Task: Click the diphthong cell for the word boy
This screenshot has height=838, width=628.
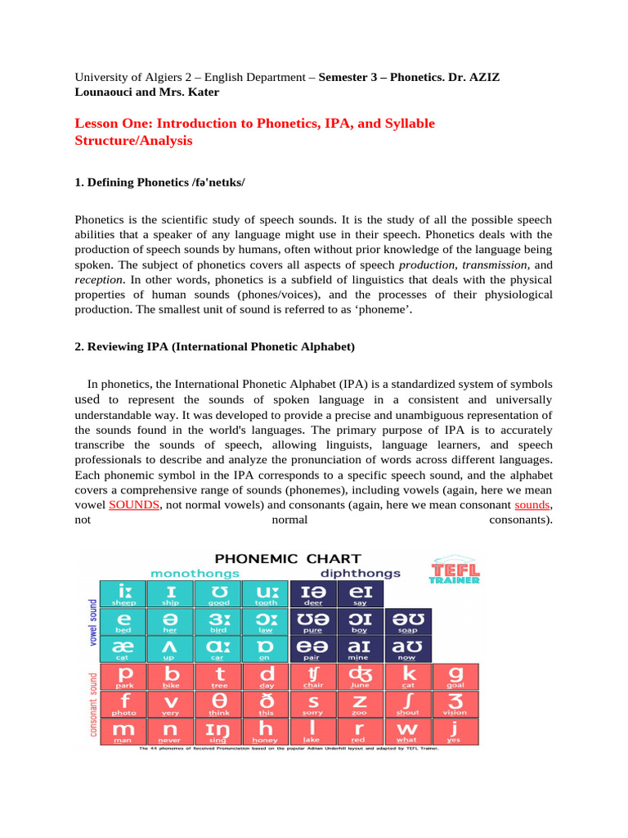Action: (359, 621)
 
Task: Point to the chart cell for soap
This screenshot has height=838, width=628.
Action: (407, 621)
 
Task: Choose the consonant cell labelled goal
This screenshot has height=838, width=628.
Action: (455, 676)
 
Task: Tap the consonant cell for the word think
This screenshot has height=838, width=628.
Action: (218, 704)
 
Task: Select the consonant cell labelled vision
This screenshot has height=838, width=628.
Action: (455, 704)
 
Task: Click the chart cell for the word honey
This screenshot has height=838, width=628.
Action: (267, 731)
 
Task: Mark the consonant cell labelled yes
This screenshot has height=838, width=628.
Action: (455, 731)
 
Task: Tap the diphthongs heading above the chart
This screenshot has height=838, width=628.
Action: (360, 574)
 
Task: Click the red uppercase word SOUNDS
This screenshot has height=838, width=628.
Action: (134, 505)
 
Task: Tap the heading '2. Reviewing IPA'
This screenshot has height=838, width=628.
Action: (214, 347)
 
